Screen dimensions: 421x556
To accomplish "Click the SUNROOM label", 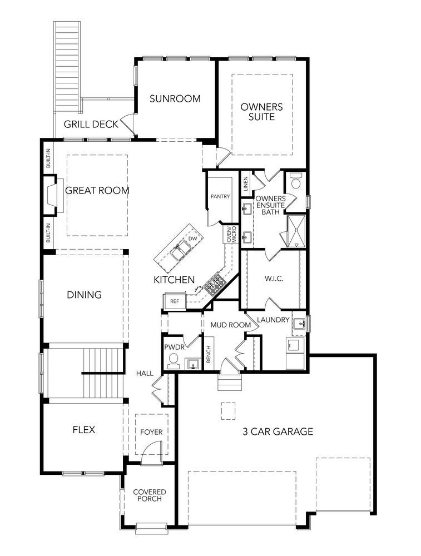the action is pyautogui.click(x=175, y=98).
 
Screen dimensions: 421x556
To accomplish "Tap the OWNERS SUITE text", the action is pyautogui.click(x=262, y=112).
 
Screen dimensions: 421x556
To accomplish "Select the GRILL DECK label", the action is pyautogui.click(x=91, y=124).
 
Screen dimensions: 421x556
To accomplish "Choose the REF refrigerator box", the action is pyautogui.click(x=175, y=301).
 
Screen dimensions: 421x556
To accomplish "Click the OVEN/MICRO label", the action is pyautogui.click(x=231, y=234).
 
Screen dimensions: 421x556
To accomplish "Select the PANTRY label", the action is pyautogui.click(x=220, y=196).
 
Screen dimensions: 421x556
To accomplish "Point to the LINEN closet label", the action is pyautogui.click(x=245, y=183).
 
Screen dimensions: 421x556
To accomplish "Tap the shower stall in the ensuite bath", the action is pyautogui.click(x=296, y=231).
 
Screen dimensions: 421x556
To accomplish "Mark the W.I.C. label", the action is pyautogui.click(x=274, y=279).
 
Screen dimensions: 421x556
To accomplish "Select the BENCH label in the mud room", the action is pyautogui.click(x=209, y=354).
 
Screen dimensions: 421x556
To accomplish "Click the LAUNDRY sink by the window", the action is pyautogui.click(x=300, y=324).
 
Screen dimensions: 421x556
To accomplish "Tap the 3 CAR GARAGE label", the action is pyautogui.click(x=278, y=431).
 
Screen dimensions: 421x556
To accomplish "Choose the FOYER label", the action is pyautogui.click(x=151, y=432).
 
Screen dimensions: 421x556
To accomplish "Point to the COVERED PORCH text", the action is pyautogui.click(x=150, y=495).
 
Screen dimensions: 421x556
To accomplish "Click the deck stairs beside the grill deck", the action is pyautogui.click(x=67, y=67).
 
